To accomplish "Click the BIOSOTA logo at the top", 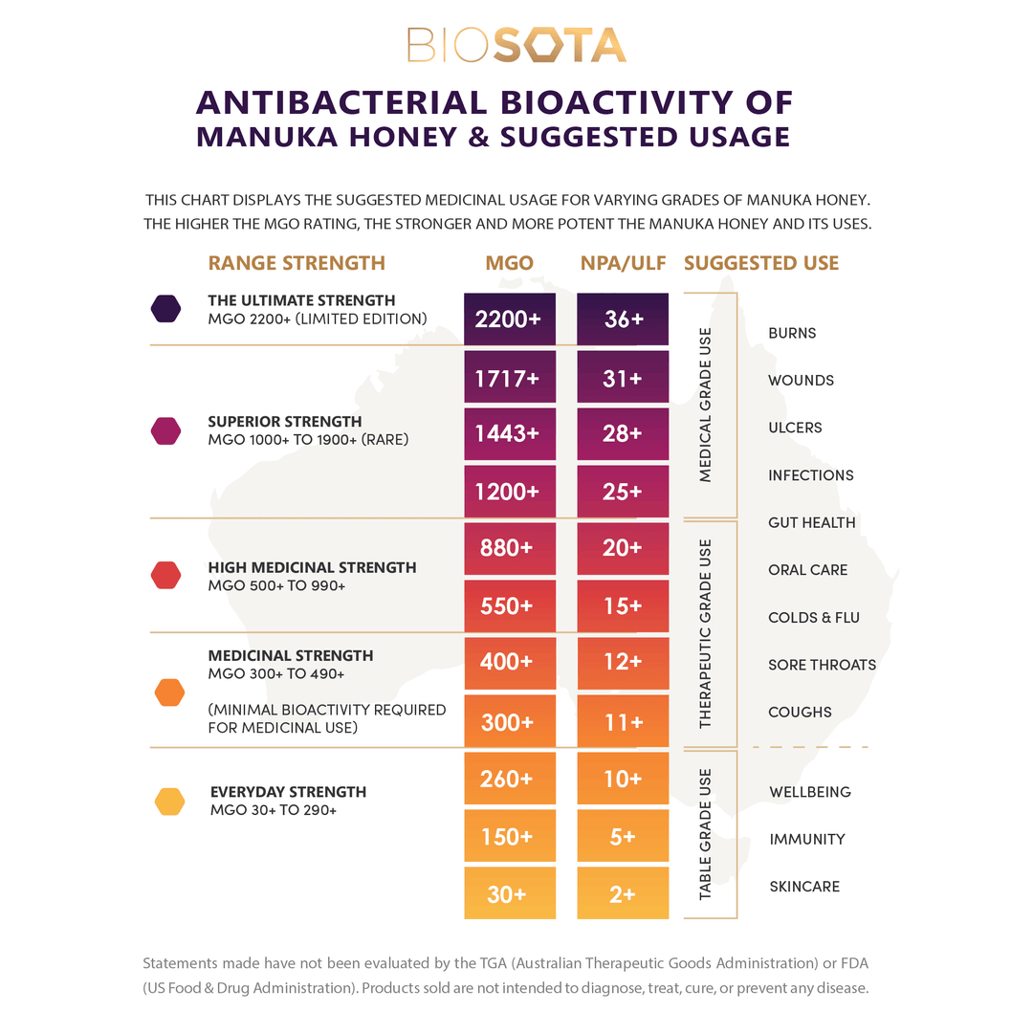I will [516, 45].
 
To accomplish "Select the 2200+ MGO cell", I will [509, 319].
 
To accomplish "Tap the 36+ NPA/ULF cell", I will [623, 319].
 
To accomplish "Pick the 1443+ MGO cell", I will [509, 434].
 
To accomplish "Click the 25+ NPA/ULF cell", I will [623, 492].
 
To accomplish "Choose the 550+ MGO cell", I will [509, 606].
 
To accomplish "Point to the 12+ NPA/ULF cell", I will [623, 662].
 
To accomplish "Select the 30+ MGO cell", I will [509, 894].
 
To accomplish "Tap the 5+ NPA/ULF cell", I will [623, 837].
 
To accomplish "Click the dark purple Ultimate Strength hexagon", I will [166, 308].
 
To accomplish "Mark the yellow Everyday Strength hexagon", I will [169, 802].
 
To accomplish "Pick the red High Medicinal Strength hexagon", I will [166, 575].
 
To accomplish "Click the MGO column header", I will [509, 263].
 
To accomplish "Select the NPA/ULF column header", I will [623, 263].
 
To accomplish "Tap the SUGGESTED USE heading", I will [761, 263].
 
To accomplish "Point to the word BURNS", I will [792, 333].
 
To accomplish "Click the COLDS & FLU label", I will [813, 618].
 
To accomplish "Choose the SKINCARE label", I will [804, 887].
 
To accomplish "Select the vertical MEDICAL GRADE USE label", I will [706, 405].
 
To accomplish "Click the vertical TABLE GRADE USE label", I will [706, 835].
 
